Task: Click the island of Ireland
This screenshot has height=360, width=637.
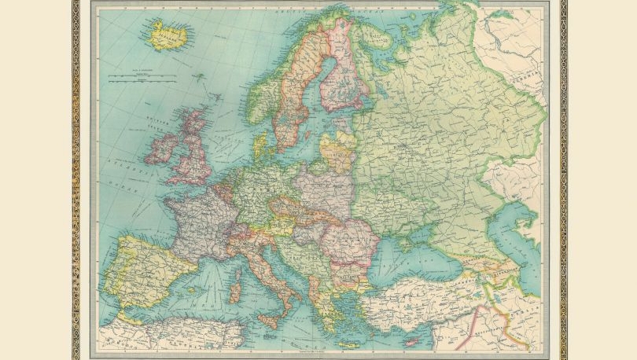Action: [x=161, y=149]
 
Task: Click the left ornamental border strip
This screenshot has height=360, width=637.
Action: [x=75, y=180]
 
